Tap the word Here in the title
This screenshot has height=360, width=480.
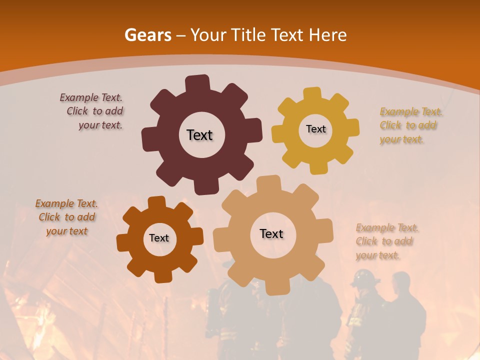(327, 35)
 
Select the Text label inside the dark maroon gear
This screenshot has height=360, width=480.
(199, 135)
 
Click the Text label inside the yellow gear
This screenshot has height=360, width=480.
(315, 129)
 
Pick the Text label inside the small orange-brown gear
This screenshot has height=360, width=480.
(159, 238)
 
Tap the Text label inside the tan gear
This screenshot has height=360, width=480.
(271, 233)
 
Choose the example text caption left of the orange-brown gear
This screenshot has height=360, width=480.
(66, 217)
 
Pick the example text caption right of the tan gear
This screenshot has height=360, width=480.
(385, 241)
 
